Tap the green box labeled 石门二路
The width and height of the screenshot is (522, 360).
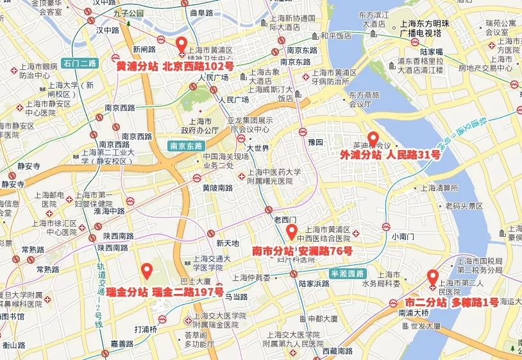[80, 63]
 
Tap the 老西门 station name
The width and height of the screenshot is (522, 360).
[286, 220]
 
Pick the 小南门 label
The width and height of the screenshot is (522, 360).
[404, 236]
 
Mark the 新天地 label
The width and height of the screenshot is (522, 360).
[228, 243]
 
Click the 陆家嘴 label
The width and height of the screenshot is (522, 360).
[432, 52]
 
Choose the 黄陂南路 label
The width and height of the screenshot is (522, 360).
[217, 188]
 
